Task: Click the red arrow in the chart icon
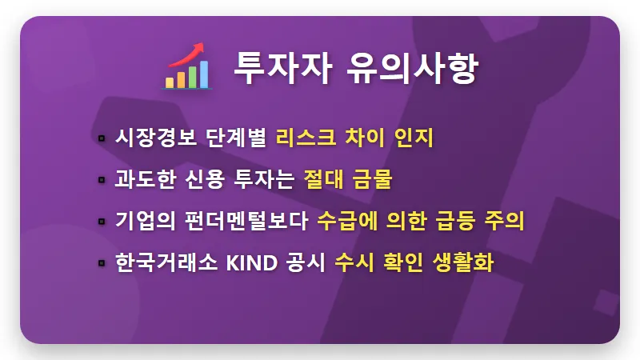click(x=189, y=53)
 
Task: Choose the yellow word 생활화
click(x=466, y=262)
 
